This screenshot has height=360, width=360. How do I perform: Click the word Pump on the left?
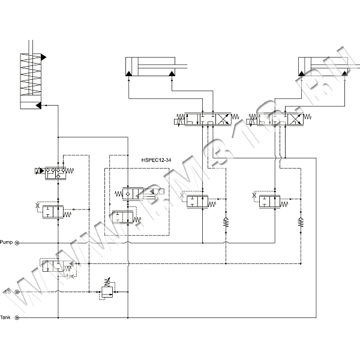click(7, 242)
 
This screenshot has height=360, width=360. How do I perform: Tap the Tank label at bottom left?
click(5, 317)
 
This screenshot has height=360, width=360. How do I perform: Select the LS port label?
click(7, 291)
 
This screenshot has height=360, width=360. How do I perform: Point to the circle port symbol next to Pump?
click(17, 243)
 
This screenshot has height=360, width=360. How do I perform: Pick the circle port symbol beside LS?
click(17, 291)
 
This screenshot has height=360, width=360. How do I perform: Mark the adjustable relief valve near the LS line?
click(107, 292)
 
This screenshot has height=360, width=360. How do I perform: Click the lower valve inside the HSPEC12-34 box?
click(122, 216)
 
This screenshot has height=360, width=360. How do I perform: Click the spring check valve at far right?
click(300, 224)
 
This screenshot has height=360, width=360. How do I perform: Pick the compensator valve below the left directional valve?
click(198, 201)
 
